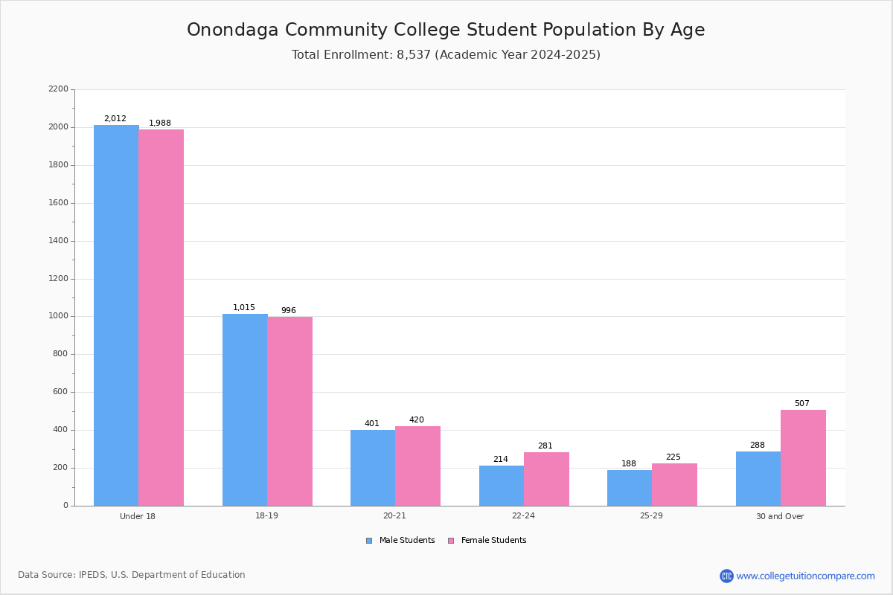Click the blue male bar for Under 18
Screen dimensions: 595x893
[x=116, y=315]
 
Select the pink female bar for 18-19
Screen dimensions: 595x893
[x=290, y=411]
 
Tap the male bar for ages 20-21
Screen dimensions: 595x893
[x=373, y=468]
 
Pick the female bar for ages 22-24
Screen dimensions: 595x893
[x=546, y=479]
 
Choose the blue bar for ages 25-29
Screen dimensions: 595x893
[x=630, y=488]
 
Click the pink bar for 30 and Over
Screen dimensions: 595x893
[x=803, y=457]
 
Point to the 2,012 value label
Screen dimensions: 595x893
[x=115, y=119]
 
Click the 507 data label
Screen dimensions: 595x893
[x=801, y=404]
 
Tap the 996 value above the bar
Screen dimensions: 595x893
[x=289, y=311]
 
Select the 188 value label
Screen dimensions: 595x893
[x=629, y=464]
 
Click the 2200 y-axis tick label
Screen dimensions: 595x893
[x=58, y=89]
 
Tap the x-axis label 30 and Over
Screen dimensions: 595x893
[x=780, y=516]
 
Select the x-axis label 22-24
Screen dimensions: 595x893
[x=523, y=516]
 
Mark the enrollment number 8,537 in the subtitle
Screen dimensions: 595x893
[x=414, y=55]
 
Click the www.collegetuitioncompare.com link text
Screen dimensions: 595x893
[x=805, y=576]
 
